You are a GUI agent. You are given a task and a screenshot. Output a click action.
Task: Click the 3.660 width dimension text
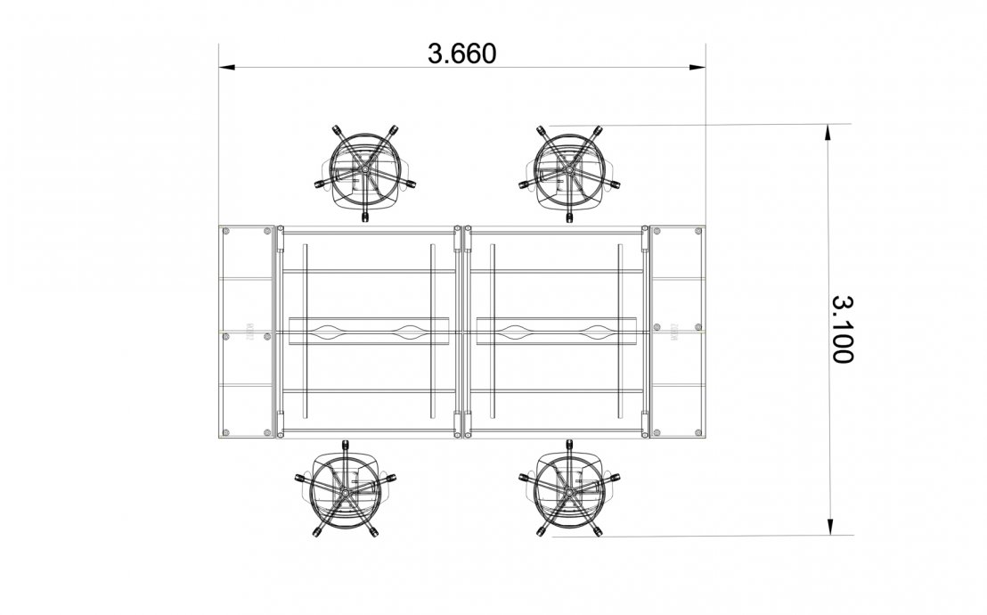461,53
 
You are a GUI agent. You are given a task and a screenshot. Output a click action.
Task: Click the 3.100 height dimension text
842,330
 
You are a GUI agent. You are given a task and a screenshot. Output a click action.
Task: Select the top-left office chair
364,169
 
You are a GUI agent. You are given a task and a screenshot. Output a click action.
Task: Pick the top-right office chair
568,169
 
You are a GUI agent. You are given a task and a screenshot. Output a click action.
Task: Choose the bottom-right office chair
568,488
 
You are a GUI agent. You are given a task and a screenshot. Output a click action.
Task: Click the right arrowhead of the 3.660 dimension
698,66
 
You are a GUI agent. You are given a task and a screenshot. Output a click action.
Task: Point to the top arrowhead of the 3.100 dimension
828,132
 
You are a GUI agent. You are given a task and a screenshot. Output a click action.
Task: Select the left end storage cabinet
247,332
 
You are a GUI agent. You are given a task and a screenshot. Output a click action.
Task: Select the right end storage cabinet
677,332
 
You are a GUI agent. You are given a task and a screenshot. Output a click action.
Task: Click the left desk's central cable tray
369,332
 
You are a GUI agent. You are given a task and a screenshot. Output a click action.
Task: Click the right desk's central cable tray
557,332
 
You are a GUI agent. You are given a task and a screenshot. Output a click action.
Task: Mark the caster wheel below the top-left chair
364,215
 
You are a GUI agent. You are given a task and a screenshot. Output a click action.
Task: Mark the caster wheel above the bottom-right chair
568,442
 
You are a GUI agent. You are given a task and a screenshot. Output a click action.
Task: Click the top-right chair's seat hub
568,167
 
